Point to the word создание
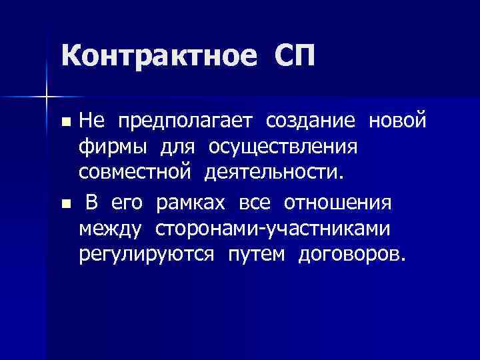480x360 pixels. click(x=310, y=121)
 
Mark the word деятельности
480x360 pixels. click(x=275, y=173)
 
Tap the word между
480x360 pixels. click(x=110, y=229)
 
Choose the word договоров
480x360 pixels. click(x=351, y=255)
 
